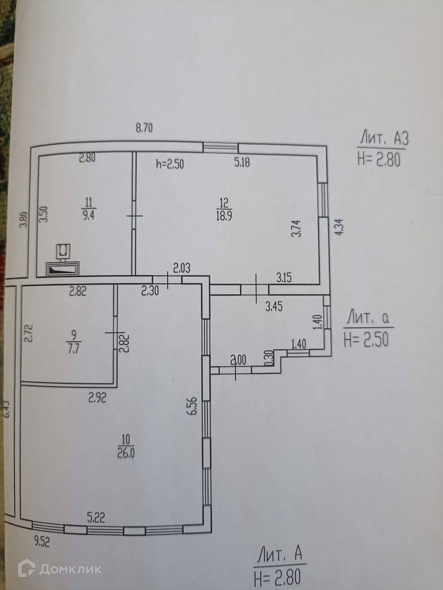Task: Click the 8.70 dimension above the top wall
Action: [x=144, y=128]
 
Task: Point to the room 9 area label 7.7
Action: [x=74, y=348]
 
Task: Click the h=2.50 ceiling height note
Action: [x=170, y=164]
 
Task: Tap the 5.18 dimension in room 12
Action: [x=242, y=162]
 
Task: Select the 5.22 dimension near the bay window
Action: [x=96, y=518]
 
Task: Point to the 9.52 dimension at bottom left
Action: [x=42, y=541]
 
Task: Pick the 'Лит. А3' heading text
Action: [x=384, y=139]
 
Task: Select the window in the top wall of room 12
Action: [x=221, y=148]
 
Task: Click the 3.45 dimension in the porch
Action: [x=274, y=306]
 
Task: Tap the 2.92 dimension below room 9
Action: [x=97, y=398]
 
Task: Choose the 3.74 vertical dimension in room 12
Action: [x=296, y=228]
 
